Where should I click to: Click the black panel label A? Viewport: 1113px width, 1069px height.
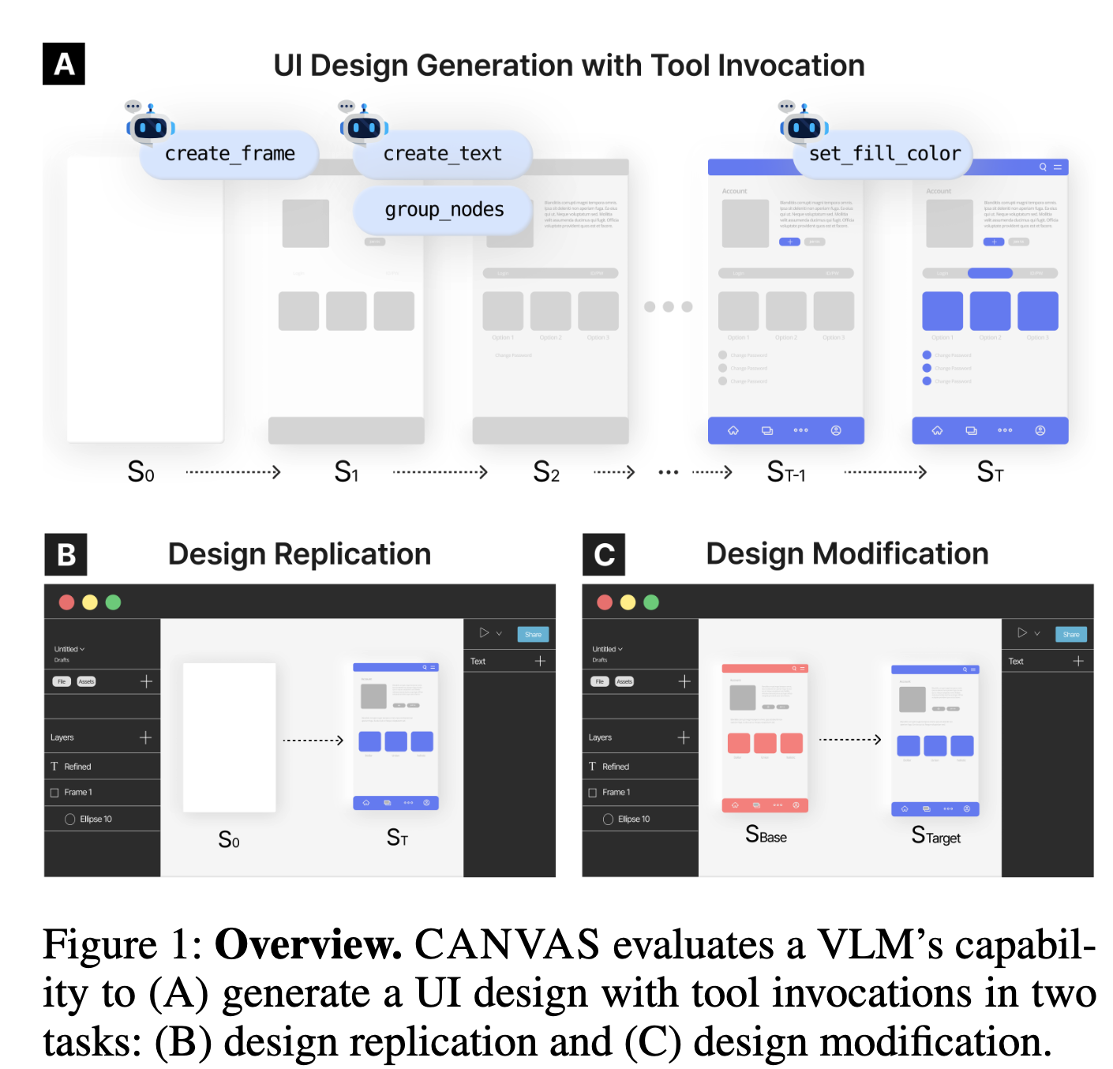[x=63, y=64]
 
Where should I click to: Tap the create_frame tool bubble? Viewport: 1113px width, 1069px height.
[x=230, y=154]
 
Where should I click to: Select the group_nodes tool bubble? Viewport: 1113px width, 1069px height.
[x=444, y=210]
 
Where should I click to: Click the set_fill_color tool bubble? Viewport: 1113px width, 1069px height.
[x=884, y=154]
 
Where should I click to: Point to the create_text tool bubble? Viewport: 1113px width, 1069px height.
[x=442, y=154]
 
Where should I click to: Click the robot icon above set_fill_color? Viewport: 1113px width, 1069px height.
[x=804, y=126]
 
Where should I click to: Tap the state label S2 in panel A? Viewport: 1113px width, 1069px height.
[x=546, y=472]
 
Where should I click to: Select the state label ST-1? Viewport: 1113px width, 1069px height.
[x=786, y=472]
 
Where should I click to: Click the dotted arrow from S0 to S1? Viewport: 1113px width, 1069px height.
[x=233, y=472]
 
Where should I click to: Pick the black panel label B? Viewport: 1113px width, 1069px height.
[x=66, y=554]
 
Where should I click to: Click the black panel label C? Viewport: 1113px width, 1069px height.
[x=604, y=554]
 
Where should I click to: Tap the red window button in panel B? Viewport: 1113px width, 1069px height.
[x=67, y=602]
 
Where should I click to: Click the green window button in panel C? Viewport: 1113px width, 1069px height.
[x=651, y=602]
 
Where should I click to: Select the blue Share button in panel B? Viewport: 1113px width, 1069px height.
[x=533, y=634]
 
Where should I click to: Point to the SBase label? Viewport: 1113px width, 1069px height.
[x=766, y=835]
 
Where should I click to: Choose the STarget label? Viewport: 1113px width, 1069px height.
[x=936, y=836]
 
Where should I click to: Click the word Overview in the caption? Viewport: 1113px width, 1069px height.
[x=308, y=944]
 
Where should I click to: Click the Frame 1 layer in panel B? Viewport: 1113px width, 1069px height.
[x=78, y=792]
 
